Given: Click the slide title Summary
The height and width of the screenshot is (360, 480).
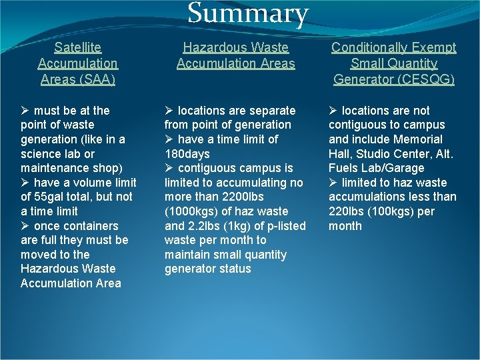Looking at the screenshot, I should click(x=248, y=14).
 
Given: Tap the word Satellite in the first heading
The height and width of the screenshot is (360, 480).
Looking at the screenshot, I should click(x=78, y=47).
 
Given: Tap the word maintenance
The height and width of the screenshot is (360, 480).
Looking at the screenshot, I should click(x=53, y=168).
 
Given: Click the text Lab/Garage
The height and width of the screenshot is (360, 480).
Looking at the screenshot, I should click(x=394, y=168).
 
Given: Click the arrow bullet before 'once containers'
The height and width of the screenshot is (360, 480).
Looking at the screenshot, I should click(x=25, y=226).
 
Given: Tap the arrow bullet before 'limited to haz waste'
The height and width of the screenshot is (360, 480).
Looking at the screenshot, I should click(x=333, y=183).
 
